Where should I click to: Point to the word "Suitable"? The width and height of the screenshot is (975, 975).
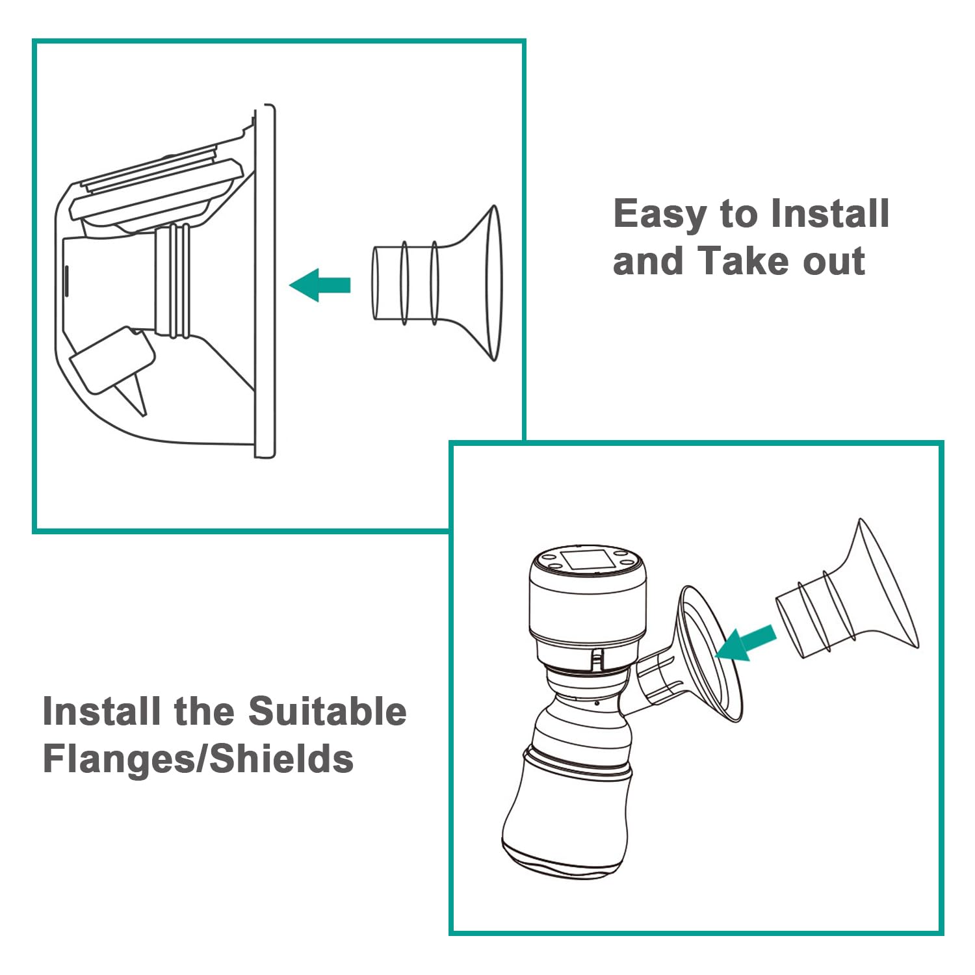tap(328, 711)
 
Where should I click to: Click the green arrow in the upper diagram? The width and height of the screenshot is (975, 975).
tap(320, 285)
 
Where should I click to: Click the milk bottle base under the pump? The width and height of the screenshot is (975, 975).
tap(567, 812)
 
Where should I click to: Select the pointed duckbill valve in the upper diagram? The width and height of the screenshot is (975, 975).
tap(135, 393)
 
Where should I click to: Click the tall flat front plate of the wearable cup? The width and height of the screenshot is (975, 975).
tap(265, 281)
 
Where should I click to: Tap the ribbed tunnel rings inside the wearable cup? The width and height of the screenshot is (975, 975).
tap(173, 281)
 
